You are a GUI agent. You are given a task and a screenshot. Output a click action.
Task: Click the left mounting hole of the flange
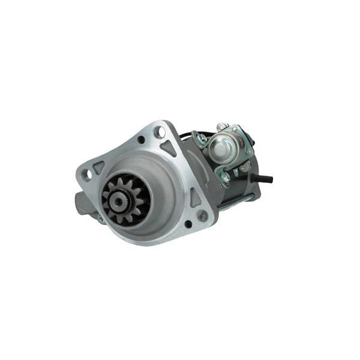(x=86, y=175)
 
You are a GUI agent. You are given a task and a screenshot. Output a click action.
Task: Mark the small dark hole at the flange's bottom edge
(x=188, y=224)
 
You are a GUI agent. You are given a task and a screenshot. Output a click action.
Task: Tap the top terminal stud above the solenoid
(x=222, y=127)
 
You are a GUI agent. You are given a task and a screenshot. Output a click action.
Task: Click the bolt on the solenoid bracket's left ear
(x=202, y=139)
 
